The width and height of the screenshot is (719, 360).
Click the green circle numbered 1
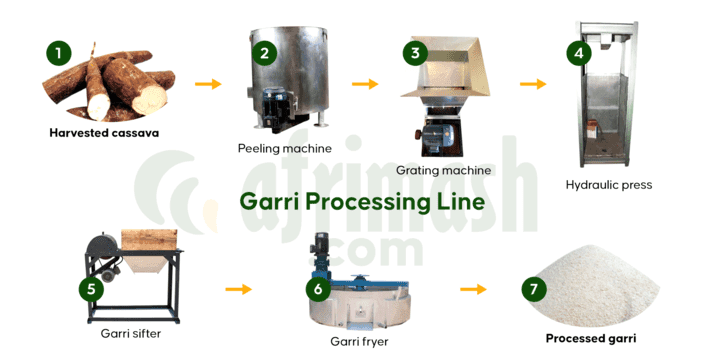tap(59, 52)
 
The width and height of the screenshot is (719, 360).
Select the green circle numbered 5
tap(92, 289)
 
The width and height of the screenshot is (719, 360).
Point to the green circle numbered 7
tap(535, 289)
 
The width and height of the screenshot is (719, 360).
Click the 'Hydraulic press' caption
tap(608, 185)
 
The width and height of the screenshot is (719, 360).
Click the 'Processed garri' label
tap(590, 338)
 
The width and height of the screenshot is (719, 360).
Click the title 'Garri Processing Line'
tap(362, 202)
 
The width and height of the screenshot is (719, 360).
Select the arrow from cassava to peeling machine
tap(208, 83)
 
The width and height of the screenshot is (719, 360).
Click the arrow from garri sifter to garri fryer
tap(238, 289)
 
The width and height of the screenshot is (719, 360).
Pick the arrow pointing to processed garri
tap(472, 289)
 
